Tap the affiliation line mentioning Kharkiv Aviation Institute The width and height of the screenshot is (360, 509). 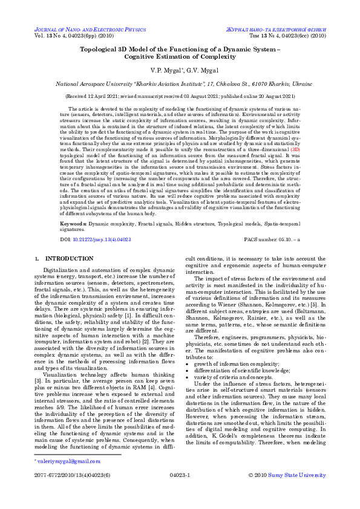[180, 85]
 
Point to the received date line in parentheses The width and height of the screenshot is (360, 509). [180, 96]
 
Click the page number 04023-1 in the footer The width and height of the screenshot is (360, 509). [180, 475]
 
